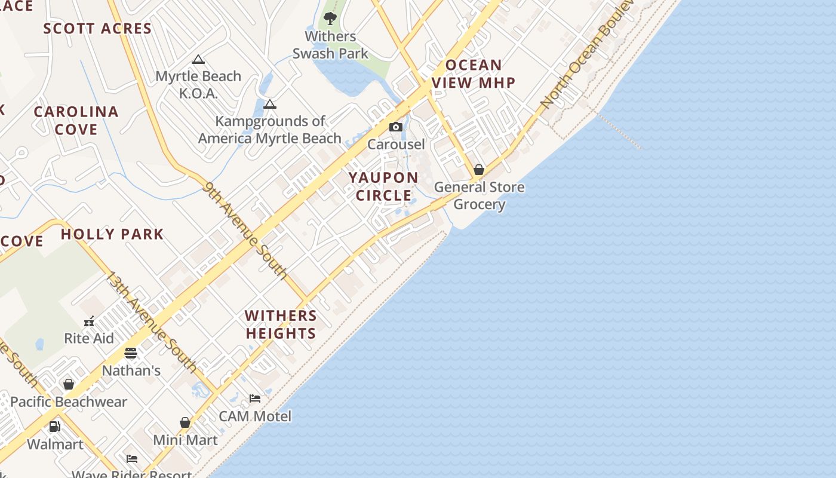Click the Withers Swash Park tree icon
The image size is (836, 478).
click(x=330, y=18)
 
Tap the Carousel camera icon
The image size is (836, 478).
click(x=395, y=127)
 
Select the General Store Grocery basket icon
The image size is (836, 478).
click(x=478, y=170)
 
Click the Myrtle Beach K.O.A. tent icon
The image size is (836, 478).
click(x=198, y=59)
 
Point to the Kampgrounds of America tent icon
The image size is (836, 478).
click(x=270, y=104)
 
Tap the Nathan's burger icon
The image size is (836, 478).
click(x=131, y=353)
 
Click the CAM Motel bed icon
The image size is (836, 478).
click(x=255, y=399)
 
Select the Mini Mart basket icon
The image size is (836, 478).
click(x=185, y=422)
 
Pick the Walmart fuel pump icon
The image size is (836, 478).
click(x=54, y=427)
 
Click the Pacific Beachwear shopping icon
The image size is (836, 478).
click(x=69, y=384)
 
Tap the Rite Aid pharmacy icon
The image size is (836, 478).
click(x=89, y=321)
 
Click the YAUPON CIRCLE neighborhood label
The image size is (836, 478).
click(x=384, y=186)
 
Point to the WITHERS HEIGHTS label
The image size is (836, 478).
click(x=281, y=324)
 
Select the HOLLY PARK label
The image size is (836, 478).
click(x=112, y=234)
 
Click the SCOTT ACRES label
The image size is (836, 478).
click(x=97, y=28)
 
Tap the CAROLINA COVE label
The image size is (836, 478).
click(x=76, y=120)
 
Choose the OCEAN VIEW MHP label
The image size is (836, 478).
click(x=474, y=73)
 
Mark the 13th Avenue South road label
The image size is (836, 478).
click(x=152, y=321)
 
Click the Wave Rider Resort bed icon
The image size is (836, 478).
click(x=132, y=459)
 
